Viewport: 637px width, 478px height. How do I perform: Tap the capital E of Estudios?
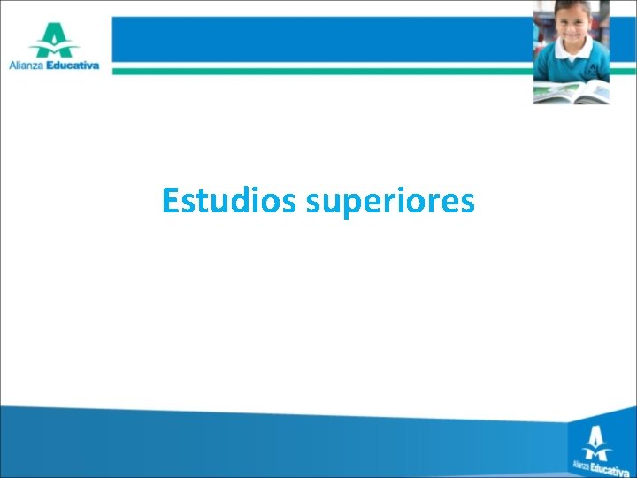[171, 202]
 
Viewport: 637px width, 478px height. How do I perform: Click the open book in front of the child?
[571, 90]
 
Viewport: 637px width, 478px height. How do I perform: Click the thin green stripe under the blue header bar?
[318, 69]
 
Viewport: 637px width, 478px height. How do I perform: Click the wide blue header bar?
[318, 38]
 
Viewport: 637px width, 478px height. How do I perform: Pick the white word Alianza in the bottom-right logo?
[579, 463]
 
